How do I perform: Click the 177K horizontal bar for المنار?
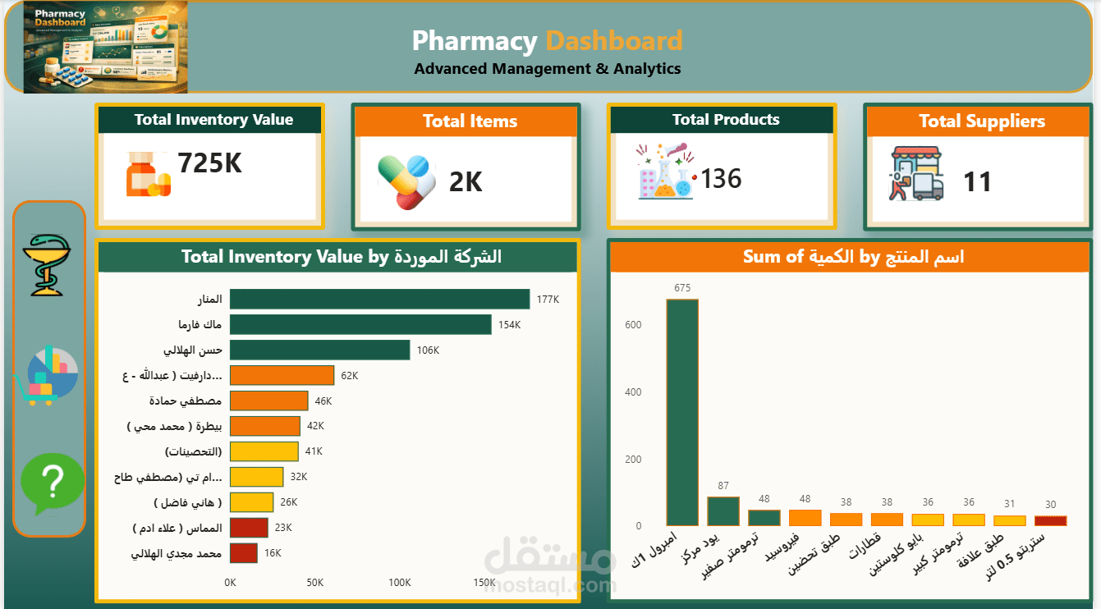tap(379, 299)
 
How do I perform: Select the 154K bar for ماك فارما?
tap(360, 324)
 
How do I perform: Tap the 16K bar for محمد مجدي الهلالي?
tap(244, 553)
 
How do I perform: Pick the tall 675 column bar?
tap(682, 412)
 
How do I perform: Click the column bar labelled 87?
tap(723, 511)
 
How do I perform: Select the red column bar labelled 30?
tap(1050, 520)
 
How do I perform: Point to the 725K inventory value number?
tap(210, 163)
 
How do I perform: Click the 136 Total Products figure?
tap(722, 178)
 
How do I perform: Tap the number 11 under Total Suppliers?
tap(977, 181)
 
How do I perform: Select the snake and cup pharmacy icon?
tap(49, 264)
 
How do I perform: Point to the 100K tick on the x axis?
tap(399, 583)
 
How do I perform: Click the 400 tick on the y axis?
tap(632, 392)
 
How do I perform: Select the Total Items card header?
tap(470, 121)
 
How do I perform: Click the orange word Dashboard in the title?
tap(614, 41)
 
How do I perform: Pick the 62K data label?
tap(349, 376)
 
